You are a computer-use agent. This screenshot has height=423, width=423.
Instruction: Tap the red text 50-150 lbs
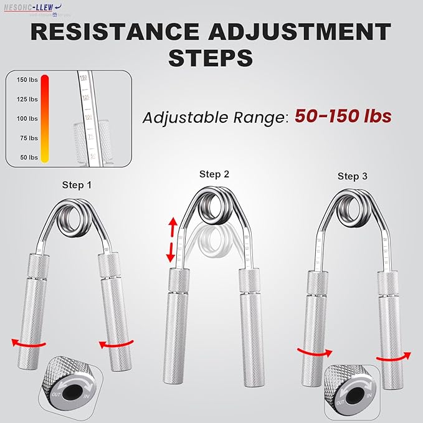point(343,116)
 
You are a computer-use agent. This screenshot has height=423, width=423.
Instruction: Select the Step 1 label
point(77,185)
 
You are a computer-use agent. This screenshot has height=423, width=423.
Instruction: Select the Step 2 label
point(214,174)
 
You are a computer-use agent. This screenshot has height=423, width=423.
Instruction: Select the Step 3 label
point(353,176)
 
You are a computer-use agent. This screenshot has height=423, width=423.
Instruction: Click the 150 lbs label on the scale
point(28,80)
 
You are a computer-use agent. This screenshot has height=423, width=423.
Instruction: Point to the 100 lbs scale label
point(28,119)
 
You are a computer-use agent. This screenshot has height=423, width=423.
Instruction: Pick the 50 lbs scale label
point(29,158)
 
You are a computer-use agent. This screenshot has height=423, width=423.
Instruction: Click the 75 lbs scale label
point(29,138)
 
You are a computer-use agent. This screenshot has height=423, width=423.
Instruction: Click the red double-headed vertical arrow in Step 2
point(173,240)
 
